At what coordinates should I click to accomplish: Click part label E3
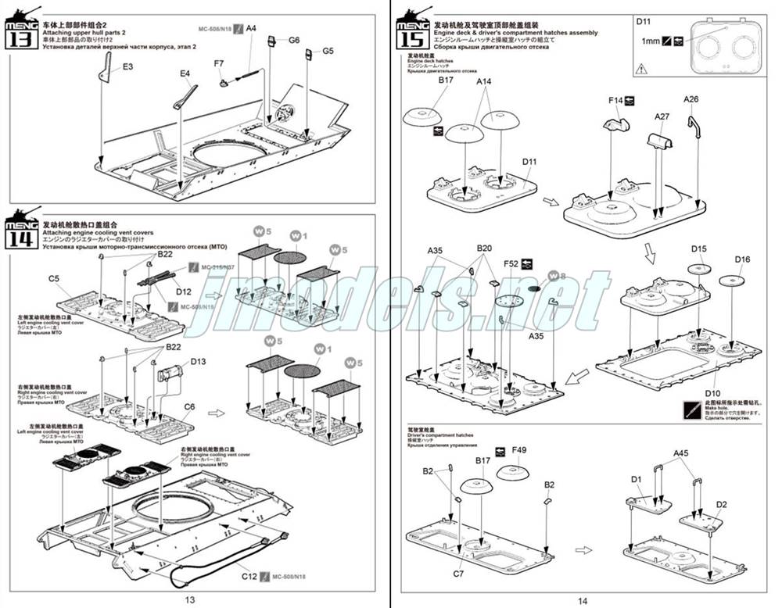coord(127,67)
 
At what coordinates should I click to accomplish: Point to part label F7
coord(219,63)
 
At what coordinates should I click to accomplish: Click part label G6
coord(294,40)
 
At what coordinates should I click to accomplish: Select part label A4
coord(251,28)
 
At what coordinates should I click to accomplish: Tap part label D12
coord(184,291)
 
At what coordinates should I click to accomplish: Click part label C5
coord(54,278)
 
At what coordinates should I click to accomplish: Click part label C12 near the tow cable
coord(249,576)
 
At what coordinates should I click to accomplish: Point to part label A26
coord(691,99)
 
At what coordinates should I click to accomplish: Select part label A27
coord(662,116)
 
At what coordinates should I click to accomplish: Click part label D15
coord(698,249)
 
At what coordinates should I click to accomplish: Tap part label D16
coord(742,259)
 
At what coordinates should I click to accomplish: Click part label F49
coord(519,450)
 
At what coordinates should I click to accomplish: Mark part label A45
coord(680,453)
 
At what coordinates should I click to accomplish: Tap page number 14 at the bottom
coord(583,600)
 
